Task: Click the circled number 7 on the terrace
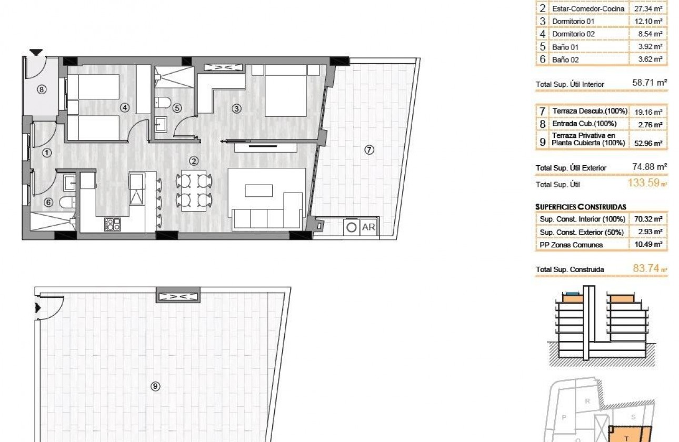[x=369, y=150]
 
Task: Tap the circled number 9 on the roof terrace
[x=155, y=386]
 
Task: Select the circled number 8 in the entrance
[x=42, y=89]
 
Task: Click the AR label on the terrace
[x=369, y=227]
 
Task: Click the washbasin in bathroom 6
[x=70, y=183]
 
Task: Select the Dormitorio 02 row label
[x=573, y=34]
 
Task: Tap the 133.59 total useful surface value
[x=645, y=184]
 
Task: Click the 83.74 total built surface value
[x=645, y=269]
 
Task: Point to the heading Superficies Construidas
[x=581, y=207]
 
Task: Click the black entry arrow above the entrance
[x=35, y=52]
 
